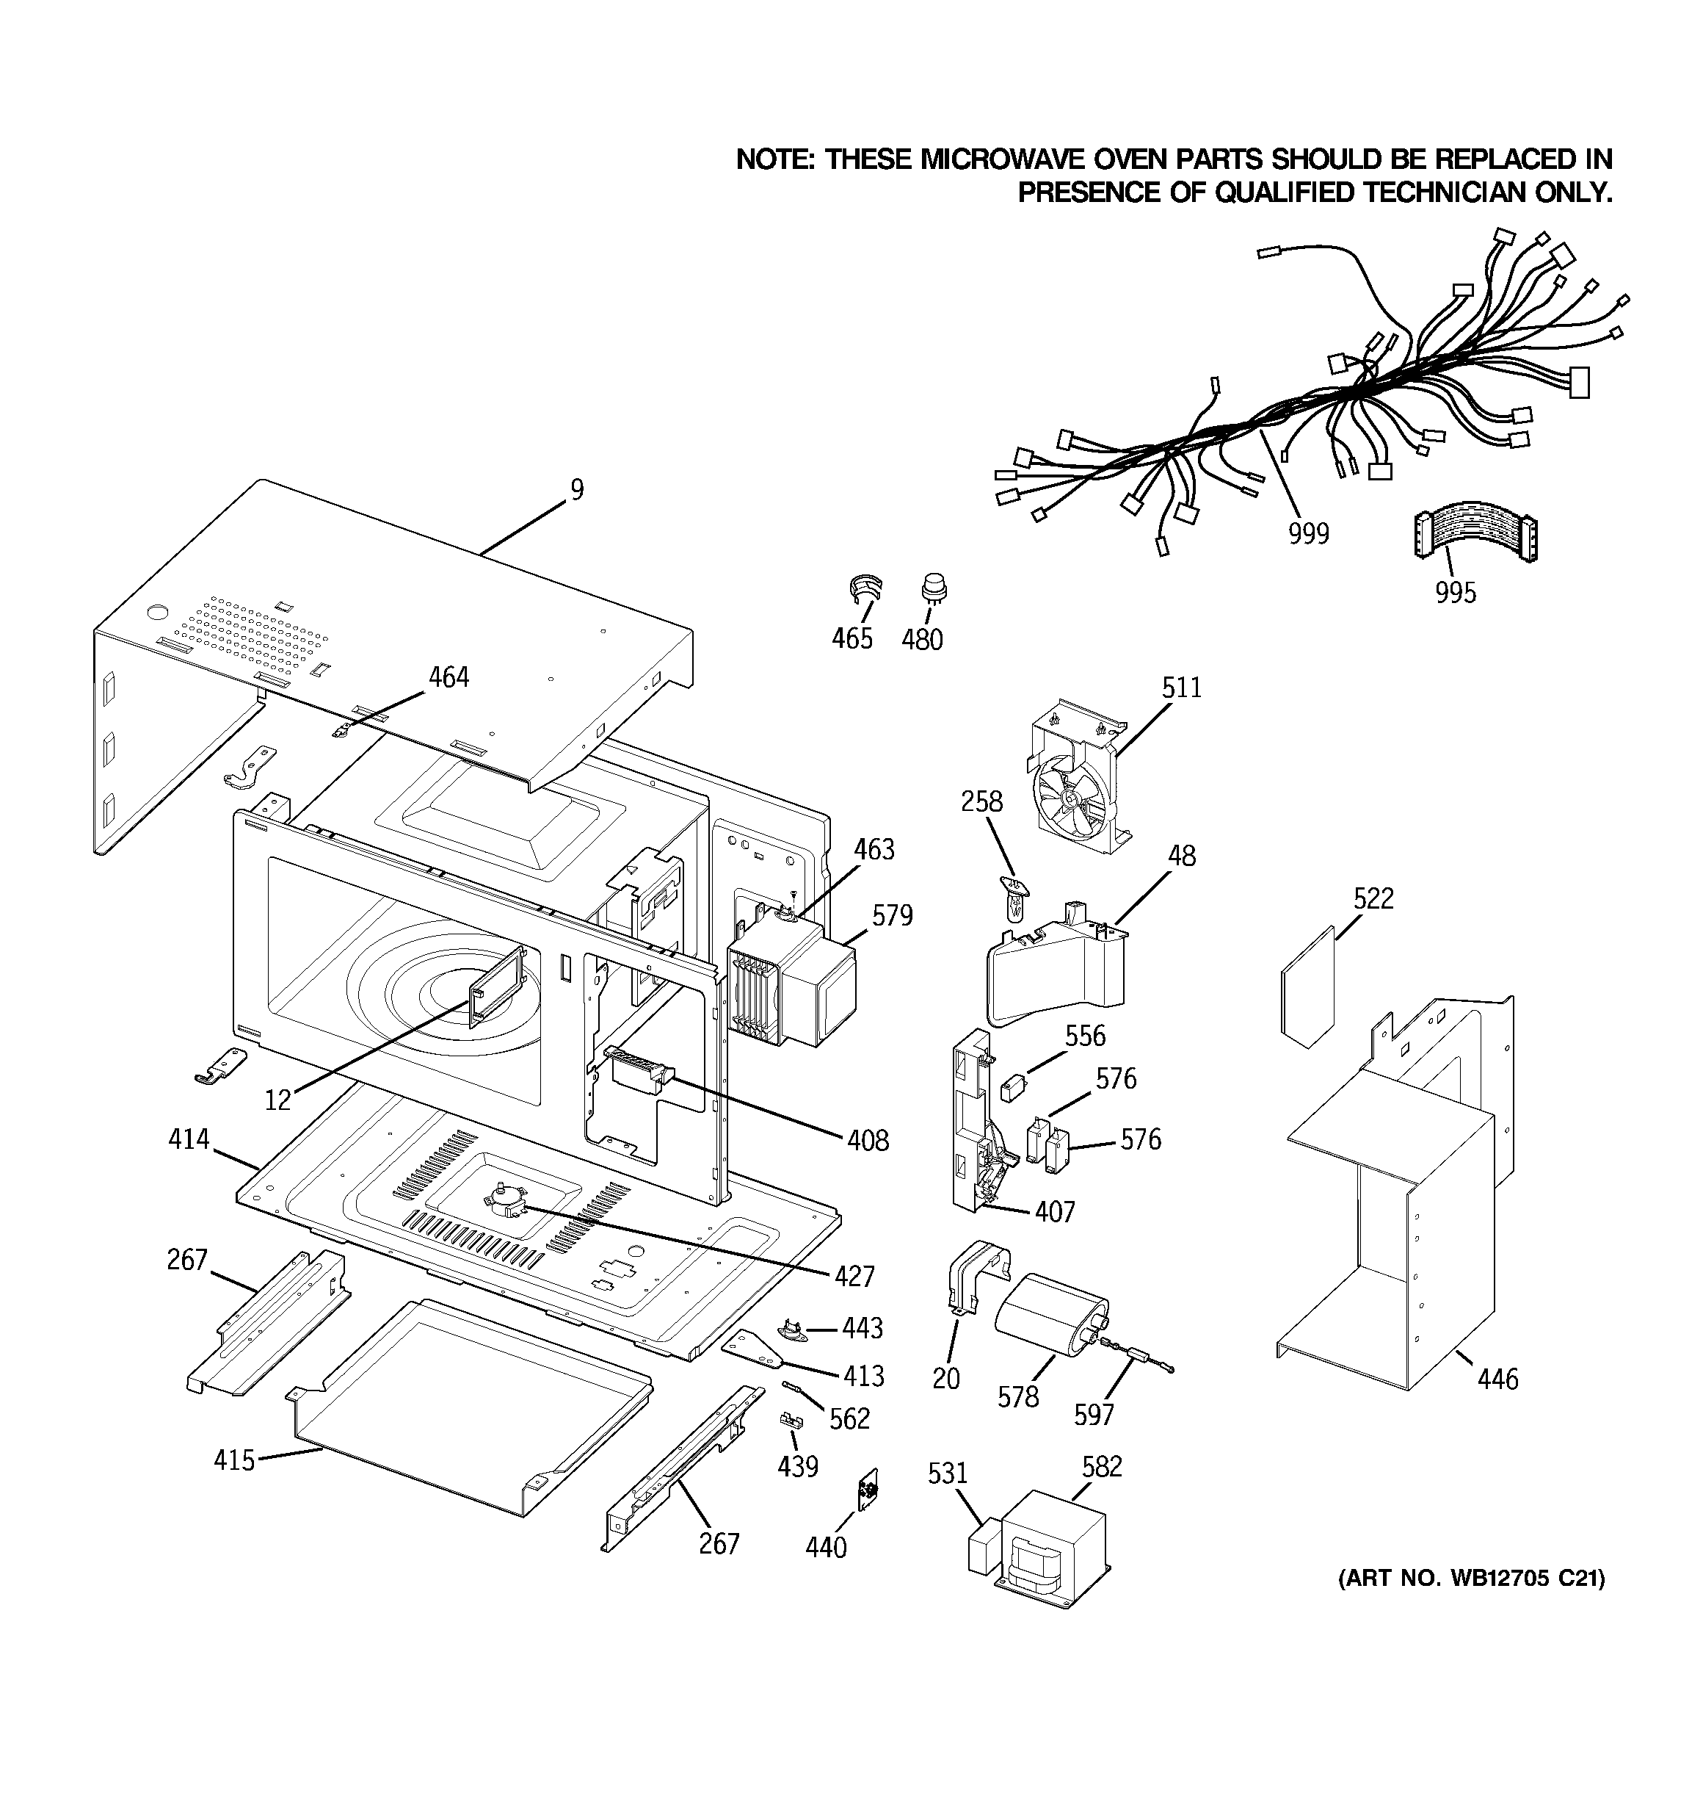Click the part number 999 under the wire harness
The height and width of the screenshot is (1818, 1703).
[1308, 533]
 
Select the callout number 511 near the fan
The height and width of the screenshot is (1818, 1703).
[1181, 688]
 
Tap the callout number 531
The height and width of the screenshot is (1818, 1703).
[947, 1473]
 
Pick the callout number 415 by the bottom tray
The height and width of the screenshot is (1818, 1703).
[234, 1460]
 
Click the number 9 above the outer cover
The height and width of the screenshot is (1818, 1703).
[577, 490]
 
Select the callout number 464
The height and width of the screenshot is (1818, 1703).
[449, 678]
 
